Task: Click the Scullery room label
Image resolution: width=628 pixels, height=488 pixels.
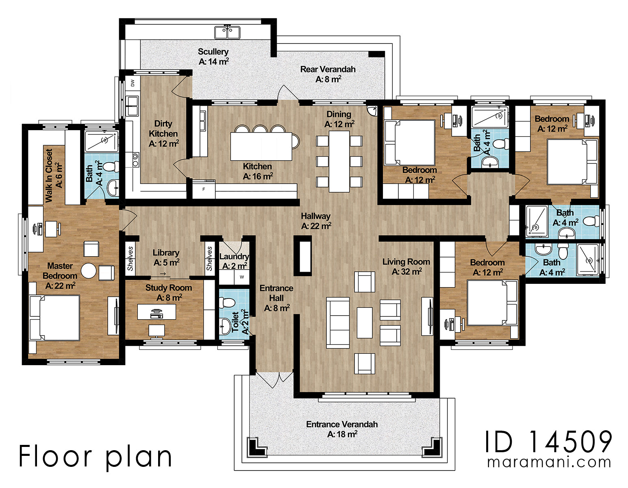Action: [x=213, y=57]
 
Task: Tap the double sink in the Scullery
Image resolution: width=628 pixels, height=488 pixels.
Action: [x=227, y=32]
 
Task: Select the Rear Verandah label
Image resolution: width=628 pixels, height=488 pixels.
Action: [x=328, y=74]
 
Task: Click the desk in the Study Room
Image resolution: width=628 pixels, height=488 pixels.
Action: [x=156, y=312]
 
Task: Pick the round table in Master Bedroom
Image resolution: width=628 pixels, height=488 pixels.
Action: [x=89, y=271]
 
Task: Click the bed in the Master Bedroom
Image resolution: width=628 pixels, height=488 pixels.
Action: [x=55, y=318]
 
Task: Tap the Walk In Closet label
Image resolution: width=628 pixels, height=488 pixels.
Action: [x=53, y=175]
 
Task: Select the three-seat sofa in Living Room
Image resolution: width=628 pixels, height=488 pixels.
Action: [x=338, y=322]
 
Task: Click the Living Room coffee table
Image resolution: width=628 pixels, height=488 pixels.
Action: [x=364, y=322]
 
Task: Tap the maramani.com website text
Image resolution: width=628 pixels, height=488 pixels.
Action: [x=549, y=462]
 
